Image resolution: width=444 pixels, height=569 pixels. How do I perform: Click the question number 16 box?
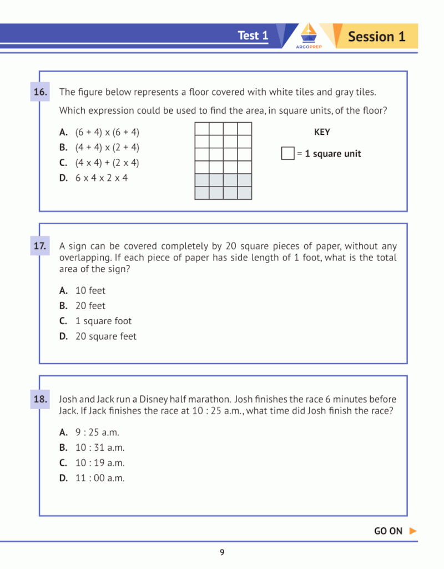click(40, 92)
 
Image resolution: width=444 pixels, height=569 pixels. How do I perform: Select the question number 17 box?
click(40, 245)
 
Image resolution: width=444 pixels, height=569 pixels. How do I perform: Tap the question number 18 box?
click(40, 399)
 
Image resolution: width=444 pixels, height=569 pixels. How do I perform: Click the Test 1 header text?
click(253, 36)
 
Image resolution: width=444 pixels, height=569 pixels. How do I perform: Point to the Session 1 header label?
click(376, 37)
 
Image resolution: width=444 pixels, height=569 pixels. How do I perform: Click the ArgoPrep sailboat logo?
click(309, 36)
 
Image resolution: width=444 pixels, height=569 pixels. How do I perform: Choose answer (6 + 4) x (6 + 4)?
click(107, 132)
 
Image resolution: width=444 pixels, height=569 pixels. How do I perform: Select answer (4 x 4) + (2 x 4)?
click(107, 163)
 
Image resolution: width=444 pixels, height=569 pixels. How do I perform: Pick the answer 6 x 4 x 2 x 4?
click(102, 178)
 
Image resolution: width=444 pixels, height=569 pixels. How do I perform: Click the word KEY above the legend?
click(322, 132)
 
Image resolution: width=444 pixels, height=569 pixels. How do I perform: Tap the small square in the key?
click(287, 154)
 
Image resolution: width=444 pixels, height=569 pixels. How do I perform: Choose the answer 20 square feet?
click(105, 336)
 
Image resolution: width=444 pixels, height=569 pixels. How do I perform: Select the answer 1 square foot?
click(103, 321)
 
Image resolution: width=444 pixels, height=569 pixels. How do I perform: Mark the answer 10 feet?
click(90, 290)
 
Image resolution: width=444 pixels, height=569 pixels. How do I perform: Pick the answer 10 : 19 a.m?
click(100, 463)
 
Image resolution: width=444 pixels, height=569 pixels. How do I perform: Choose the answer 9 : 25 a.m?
click(97, 432)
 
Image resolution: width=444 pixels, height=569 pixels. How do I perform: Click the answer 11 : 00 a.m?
click(100, 478)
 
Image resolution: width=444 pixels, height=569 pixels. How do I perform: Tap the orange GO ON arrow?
click(412, 531)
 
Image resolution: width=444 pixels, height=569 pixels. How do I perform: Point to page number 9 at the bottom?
click(222, 552)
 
